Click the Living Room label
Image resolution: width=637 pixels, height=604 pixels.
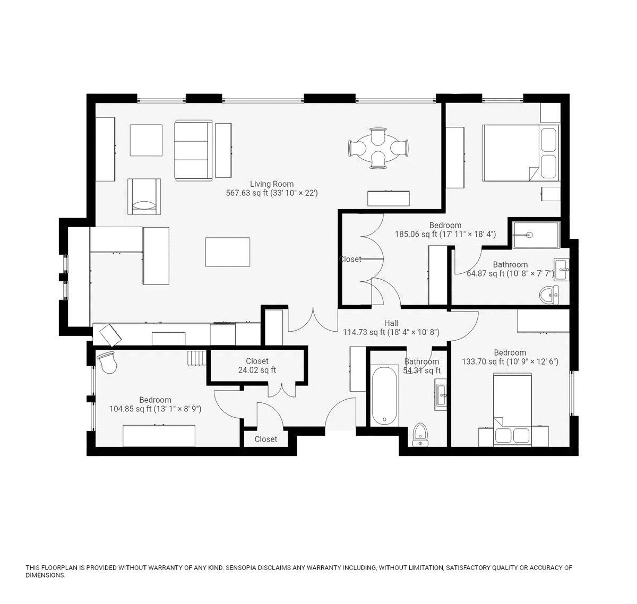tap(271, 184)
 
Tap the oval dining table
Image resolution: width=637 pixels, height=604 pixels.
tap(378, 148)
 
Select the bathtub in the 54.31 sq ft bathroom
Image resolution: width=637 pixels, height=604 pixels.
tap(385, 395)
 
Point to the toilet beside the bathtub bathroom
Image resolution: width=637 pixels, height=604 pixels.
tap(420, 435)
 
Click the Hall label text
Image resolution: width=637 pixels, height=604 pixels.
tap(391, 323)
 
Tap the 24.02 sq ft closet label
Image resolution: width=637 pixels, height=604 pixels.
tap(257, 366)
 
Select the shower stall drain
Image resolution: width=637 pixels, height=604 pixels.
tap(530, 235)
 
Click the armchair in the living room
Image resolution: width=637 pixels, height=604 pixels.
tap(144, 196)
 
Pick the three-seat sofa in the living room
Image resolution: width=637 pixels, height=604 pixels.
tap(193, 150)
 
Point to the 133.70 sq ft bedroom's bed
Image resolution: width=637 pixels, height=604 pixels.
tap(512, 410)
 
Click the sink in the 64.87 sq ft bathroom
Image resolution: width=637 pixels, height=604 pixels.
tap(562, 269)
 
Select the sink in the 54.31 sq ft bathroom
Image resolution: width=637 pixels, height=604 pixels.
tap(441, 395)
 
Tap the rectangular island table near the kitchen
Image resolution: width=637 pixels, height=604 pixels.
tap(227, 252)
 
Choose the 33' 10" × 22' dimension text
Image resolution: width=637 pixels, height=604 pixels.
tap(294, 193)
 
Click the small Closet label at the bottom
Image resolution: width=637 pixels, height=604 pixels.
tap(266, 439)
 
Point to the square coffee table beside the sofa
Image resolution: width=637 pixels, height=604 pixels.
tap(146, 140)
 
